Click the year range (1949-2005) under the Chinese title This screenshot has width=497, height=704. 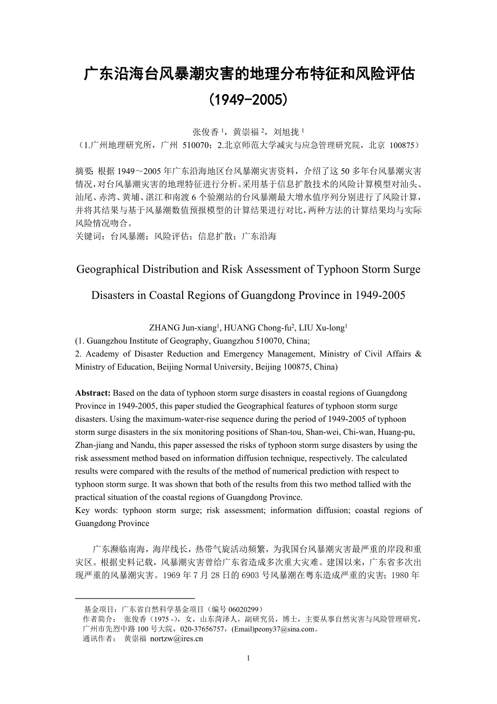(249, 100)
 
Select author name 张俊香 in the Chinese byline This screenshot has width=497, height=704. (206, 132)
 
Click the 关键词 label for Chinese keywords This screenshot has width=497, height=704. (89, 236)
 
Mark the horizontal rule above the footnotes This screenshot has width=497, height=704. (135, 599)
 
